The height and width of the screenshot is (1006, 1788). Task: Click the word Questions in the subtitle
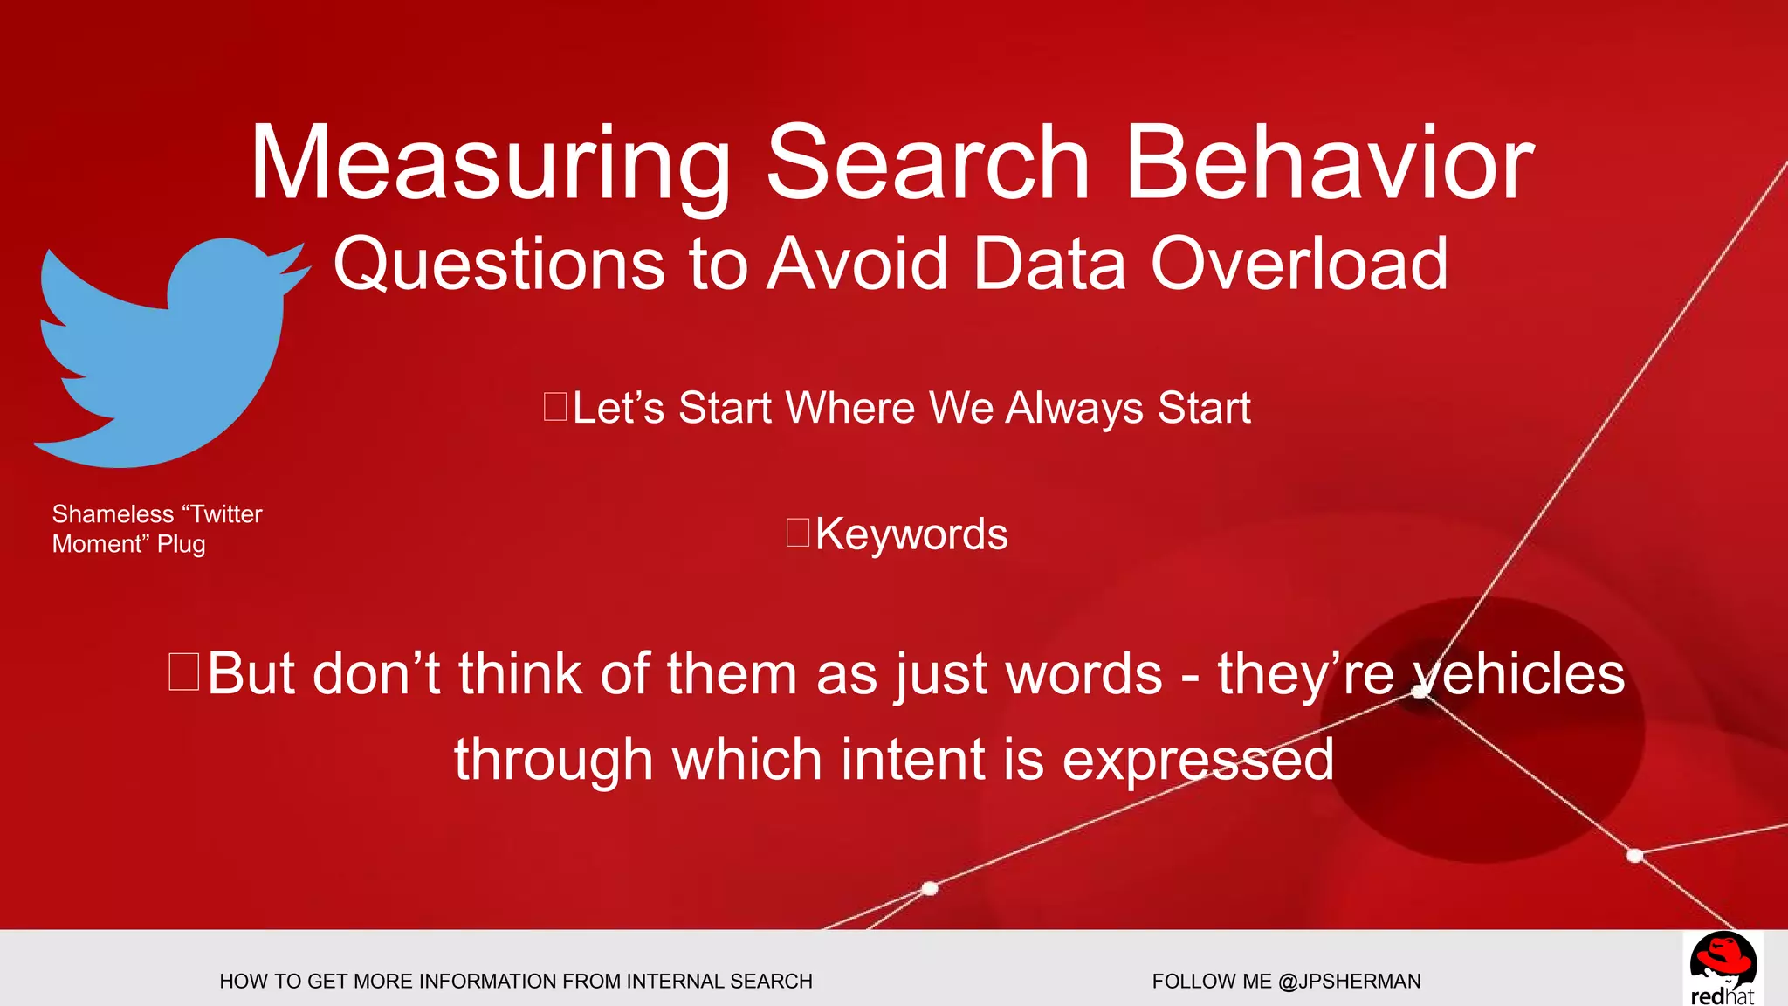[x=499, y=265]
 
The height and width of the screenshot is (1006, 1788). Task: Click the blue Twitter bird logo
[x=166, y=358]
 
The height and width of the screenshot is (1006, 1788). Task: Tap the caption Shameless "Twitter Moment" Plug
[x=156, y=528]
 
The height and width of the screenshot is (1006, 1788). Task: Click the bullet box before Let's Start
[x=555, y=407]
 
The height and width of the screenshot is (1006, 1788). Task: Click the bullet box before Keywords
[x=798, y=533]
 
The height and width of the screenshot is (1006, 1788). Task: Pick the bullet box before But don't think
[x=184, y=672]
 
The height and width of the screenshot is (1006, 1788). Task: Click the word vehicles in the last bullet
[x=1518, y=674]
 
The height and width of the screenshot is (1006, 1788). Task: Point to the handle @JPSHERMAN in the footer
[x=1349, y=982]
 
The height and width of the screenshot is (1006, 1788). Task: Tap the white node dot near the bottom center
[x=930, y=888]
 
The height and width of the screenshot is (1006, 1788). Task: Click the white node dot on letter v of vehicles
[x=1420, y=692]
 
